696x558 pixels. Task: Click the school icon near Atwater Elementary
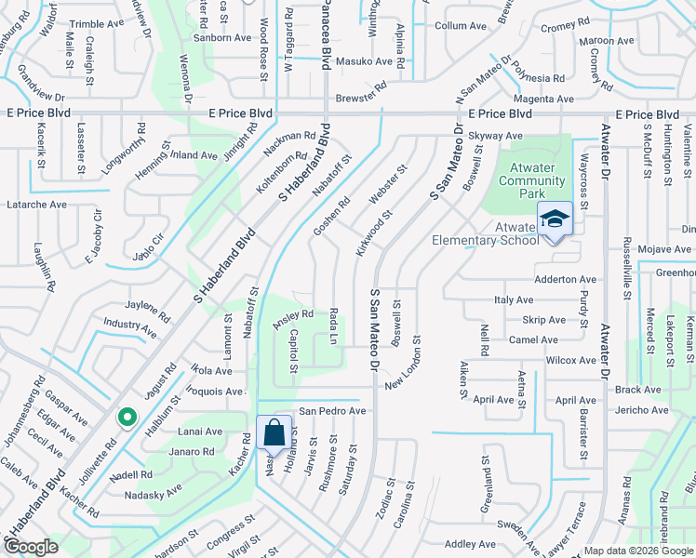click(x=554, y=219)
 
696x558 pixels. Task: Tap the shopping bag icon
click(x=274, y=432)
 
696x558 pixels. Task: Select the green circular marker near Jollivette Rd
click(x=125, y=418)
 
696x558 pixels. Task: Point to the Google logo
click(x=31, y=547)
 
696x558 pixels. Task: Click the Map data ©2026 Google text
click(x=638, y=551)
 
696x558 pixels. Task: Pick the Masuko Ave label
click(x=365, y=61)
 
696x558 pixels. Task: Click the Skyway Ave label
click(x=495, y=136)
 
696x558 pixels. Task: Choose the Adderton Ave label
click(x=565, y=280)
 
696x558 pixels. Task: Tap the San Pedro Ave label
click(x=332, y=411)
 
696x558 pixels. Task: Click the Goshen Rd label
click(x=330, y=217)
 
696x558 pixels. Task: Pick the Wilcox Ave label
click(x=570, y=360)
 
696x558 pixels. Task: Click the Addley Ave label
click(x=470, y=544)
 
